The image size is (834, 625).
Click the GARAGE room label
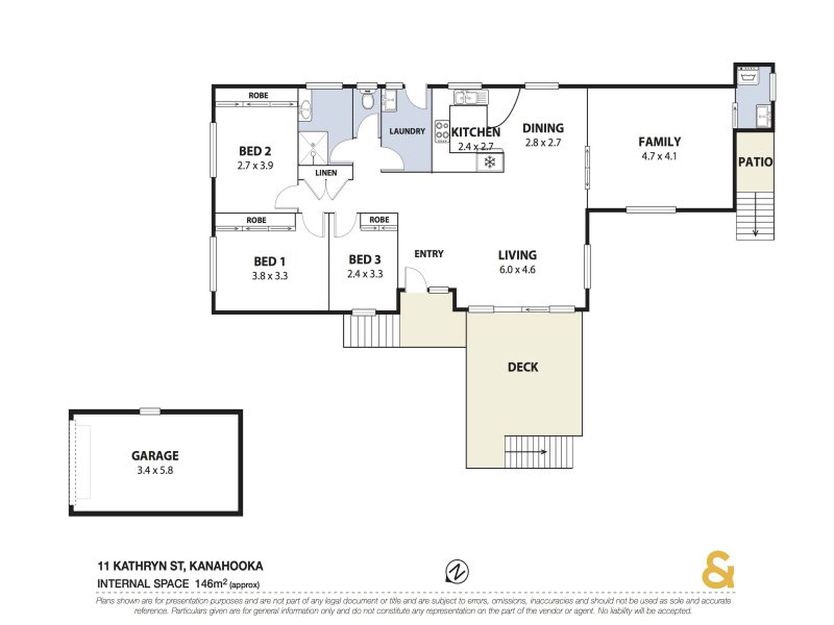pos(155,456)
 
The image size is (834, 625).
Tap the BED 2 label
pos(255,151)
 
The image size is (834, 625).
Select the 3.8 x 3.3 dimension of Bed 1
pos(270,276)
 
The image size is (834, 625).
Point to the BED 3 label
pos(365,260)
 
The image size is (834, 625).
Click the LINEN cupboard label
pos(326,173)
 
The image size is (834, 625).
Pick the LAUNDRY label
pos(407,131)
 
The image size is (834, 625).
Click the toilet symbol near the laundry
pos(367,100)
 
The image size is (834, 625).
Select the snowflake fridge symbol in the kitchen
pos(490,162)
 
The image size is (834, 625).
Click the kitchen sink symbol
pos(470,97)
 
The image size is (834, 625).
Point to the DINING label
pos(543,128)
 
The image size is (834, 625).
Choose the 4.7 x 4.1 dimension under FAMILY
pos(659,156)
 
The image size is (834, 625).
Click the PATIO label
pos(755,162)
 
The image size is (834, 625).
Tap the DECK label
pos(523,367)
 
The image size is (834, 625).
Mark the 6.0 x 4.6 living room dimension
pos(518,270)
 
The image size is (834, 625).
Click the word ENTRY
pos(429,254)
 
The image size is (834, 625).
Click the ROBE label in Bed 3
pos(379,220)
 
